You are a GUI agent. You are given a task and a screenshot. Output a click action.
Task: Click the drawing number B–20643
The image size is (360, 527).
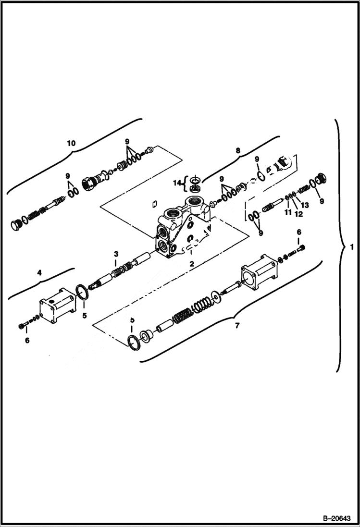pos(336,518)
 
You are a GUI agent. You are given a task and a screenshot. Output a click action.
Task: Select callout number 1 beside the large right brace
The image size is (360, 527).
pos(352,247)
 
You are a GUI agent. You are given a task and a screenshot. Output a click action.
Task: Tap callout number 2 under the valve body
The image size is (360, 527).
pos(191,264)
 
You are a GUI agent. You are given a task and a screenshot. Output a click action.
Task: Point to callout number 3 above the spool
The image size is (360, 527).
pos(116,253)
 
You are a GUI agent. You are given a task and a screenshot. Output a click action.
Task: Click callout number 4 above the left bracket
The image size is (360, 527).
pos(39,272)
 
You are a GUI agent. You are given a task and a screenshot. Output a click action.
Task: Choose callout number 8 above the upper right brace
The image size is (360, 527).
pos(237,151)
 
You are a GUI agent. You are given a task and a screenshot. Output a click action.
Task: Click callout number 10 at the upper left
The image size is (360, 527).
pos(71,143)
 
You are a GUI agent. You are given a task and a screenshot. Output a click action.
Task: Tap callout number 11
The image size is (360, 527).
pos(287,212)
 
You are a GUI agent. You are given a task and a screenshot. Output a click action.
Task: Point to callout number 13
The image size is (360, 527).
pos(305,205)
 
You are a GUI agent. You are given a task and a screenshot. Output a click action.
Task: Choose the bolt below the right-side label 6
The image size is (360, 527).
pos(301,248)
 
